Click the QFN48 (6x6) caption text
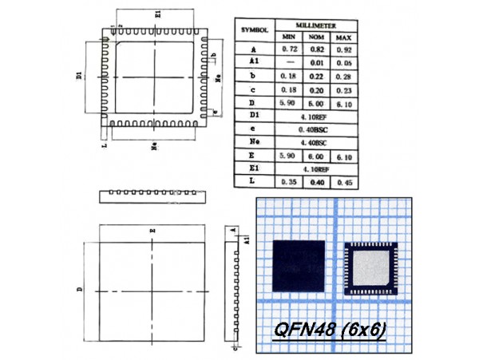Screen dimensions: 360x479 point(329,330)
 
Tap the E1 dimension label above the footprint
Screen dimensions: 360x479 point(158,14)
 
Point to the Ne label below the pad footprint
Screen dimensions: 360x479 point(152,147)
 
